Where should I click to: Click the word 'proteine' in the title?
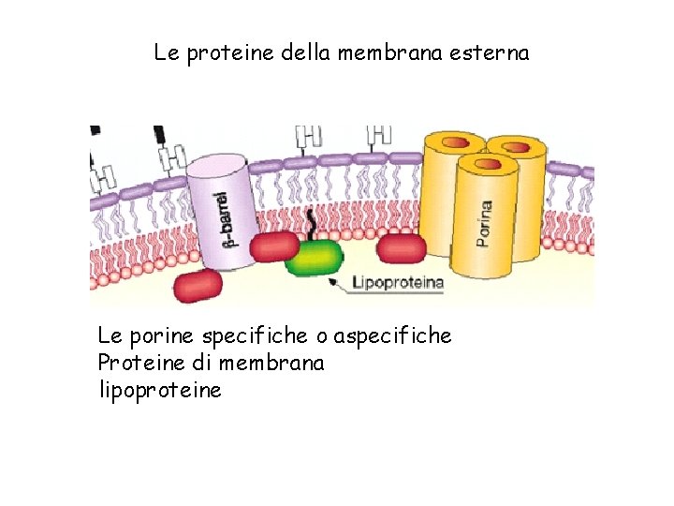pos(225,53)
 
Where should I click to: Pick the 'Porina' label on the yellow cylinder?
pos(484,224)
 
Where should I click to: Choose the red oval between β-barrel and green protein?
pos(273,246)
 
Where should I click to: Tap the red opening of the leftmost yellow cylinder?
pos(453,142)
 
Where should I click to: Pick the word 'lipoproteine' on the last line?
pos(159,389)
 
